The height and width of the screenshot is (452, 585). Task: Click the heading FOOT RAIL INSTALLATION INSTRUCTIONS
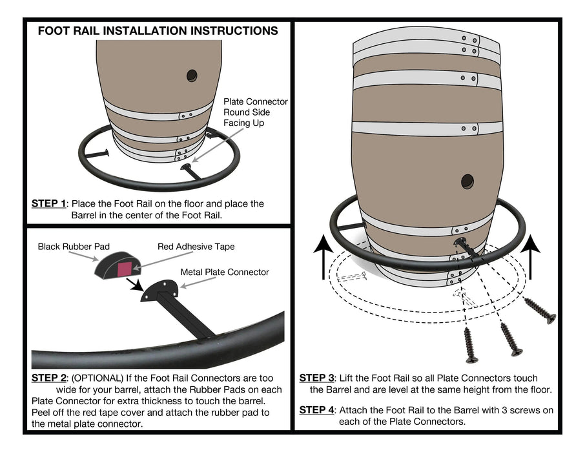click(x=158, y=30)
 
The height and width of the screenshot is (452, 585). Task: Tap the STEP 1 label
click(x=48, y=203)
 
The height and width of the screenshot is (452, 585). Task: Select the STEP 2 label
click(x=48, y=377)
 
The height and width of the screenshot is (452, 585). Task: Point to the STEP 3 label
click(x=316, y=378)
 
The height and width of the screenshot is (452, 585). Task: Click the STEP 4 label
click(x=316, y=410)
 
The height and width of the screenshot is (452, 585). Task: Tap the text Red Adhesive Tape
click(x=196, y=246)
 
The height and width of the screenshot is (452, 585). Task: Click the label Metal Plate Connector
click(x=225, y=272)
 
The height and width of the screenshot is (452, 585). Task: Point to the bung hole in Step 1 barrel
click(x=192, y=76)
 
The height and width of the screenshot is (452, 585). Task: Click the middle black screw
click(x=511, y=340)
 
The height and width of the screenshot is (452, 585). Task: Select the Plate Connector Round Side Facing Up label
click(x=255, y=112)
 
